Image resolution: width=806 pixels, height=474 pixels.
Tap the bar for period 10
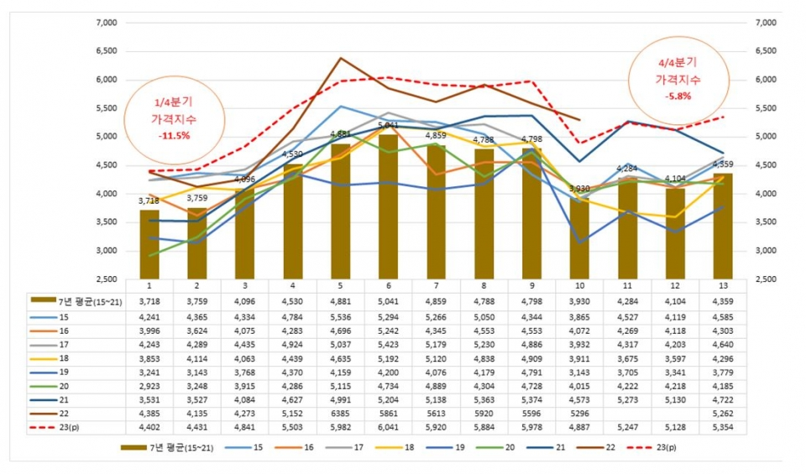pos(579,239)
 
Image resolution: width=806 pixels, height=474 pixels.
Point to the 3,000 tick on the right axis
pos(768,251)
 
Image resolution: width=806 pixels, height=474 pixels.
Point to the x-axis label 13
pos(723,285)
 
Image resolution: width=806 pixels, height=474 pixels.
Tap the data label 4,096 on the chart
pos(244,180)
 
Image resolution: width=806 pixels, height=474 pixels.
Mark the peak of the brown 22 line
pos(340,58)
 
